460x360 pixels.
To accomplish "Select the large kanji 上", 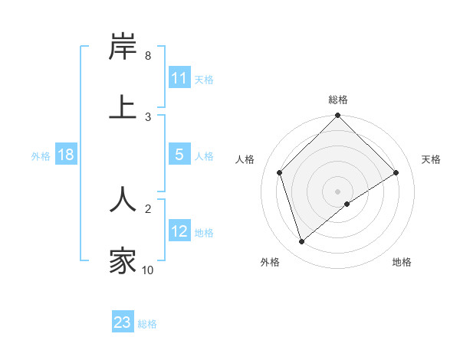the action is click(123, 107).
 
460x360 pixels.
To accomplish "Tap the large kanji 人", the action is click(123, 198).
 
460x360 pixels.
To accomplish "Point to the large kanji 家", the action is click(123, 260).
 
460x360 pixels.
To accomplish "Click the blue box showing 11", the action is click(179, 78).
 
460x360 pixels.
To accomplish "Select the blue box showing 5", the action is click(179, 155).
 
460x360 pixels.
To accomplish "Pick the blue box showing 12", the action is click(179, 231).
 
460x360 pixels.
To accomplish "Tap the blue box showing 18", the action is click(65, 155).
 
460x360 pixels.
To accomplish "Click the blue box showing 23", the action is click(123, 322).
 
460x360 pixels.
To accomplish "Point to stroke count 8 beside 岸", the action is click(147, 56).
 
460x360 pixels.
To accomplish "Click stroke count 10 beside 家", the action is click(147, 270).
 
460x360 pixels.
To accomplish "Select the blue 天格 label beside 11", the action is click(203, 79).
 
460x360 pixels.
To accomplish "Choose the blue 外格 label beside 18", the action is click(41, 155).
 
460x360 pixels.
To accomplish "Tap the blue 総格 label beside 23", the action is click(147, 323).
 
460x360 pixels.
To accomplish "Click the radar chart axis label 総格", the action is click(338, 100).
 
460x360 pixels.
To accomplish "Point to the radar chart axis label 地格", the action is click(402, 262).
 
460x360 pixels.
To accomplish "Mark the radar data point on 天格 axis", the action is click(396, 172).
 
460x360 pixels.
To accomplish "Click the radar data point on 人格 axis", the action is click(280, 172).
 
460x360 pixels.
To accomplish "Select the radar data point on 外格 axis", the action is click(301, 242).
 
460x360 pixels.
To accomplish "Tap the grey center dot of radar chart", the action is click(338, 191).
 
